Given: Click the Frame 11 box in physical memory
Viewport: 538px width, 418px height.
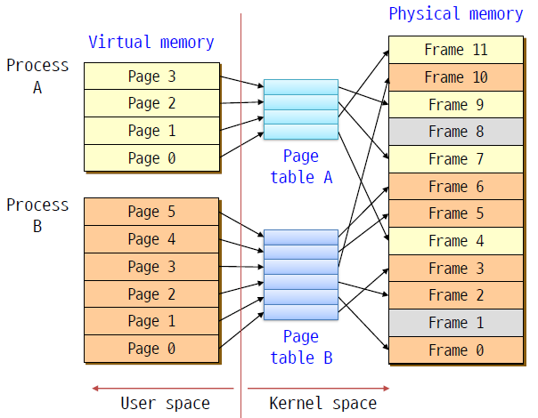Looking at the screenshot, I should pos(455,50).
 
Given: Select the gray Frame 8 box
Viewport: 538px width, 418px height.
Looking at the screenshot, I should pos(455,132).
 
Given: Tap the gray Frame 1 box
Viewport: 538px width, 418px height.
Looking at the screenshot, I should pos(455,323).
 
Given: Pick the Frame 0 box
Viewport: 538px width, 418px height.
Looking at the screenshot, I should pos(455,350).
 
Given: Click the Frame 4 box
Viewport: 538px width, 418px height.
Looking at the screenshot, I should pos(455,241).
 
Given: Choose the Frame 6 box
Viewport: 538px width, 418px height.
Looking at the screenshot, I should pos(455,187).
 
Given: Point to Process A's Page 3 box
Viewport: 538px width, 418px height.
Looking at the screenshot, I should pos(151,76).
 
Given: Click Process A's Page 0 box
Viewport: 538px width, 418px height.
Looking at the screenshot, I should pos(151,158).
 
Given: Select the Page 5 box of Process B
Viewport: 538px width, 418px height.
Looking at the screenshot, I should pos(151,212).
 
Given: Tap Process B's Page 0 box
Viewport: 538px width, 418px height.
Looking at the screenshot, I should pos(151,349).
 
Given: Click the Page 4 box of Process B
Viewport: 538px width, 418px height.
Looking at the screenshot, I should pos(151,239).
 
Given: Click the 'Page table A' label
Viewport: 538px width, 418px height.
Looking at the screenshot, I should pos(300,166).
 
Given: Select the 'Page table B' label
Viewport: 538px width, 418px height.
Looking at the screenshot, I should pos(300,347).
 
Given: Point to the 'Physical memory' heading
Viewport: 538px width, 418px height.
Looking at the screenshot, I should pos(455,14).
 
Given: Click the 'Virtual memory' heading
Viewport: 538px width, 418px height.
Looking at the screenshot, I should pos(151,42).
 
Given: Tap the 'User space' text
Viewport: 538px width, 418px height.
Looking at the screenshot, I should pos(165,403).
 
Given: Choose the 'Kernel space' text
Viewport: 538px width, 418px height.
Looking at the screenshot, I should pos(322,403).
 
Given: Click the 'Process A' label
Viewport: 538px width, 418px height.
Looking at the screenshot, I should pos(37,76).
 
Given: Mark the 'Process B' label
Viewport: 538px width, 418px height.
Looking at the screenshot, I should pos(37,215).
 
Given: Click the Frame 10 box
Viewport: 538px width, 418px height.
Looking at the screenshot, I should pos(455,77).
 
